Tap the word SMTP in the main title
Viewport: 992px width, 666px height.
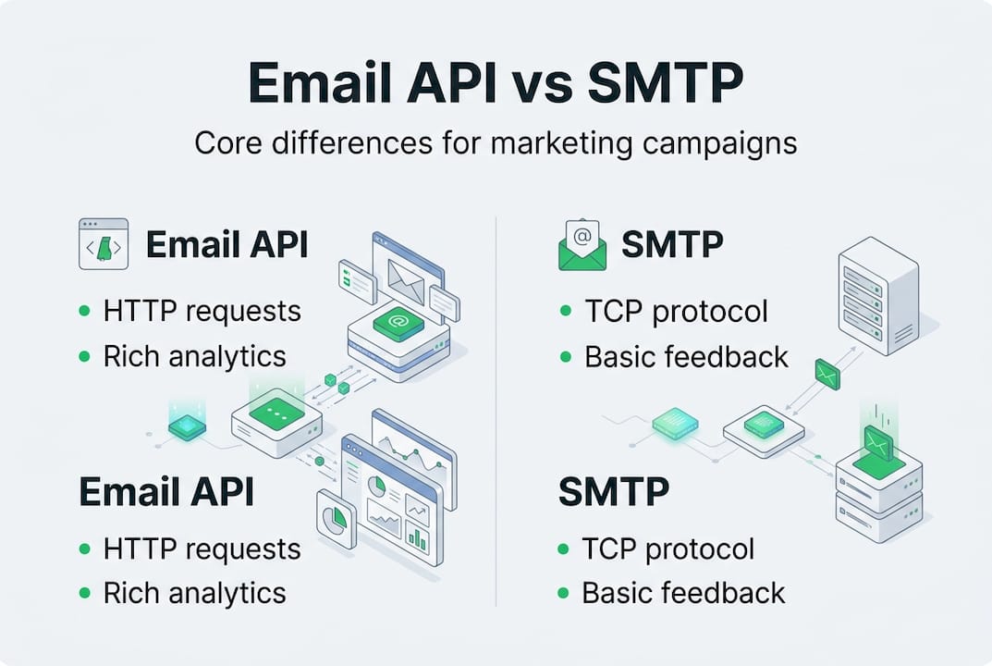click(665, 82)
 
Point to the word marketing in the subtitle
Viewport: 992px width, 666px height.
click(561, 144)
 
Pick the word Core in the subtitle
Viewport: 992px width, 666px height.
click(227, 143)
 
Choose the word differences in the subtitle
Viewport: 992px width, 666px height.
click(351, 143)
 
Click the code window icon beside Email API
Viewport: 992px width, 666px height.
click(104, 243)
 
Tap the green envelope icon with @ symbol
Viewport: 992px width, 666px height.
click(582, 245)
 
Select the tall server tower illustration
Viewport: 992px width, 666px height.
click(878, 295)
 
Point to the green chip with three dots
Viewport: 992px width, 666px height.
click(276, 413)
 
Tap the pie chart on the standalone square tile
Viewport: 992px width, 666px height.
click(336, 519)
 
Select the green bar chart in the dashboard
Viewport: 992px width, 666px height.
click(417, 536)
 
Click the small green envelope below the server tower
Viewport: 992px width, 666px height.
click(827, 374)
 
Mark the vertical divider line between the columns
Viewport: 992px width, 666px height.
click(496, 412)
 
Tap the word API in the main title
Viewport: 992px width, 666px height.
click(452, 82)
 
